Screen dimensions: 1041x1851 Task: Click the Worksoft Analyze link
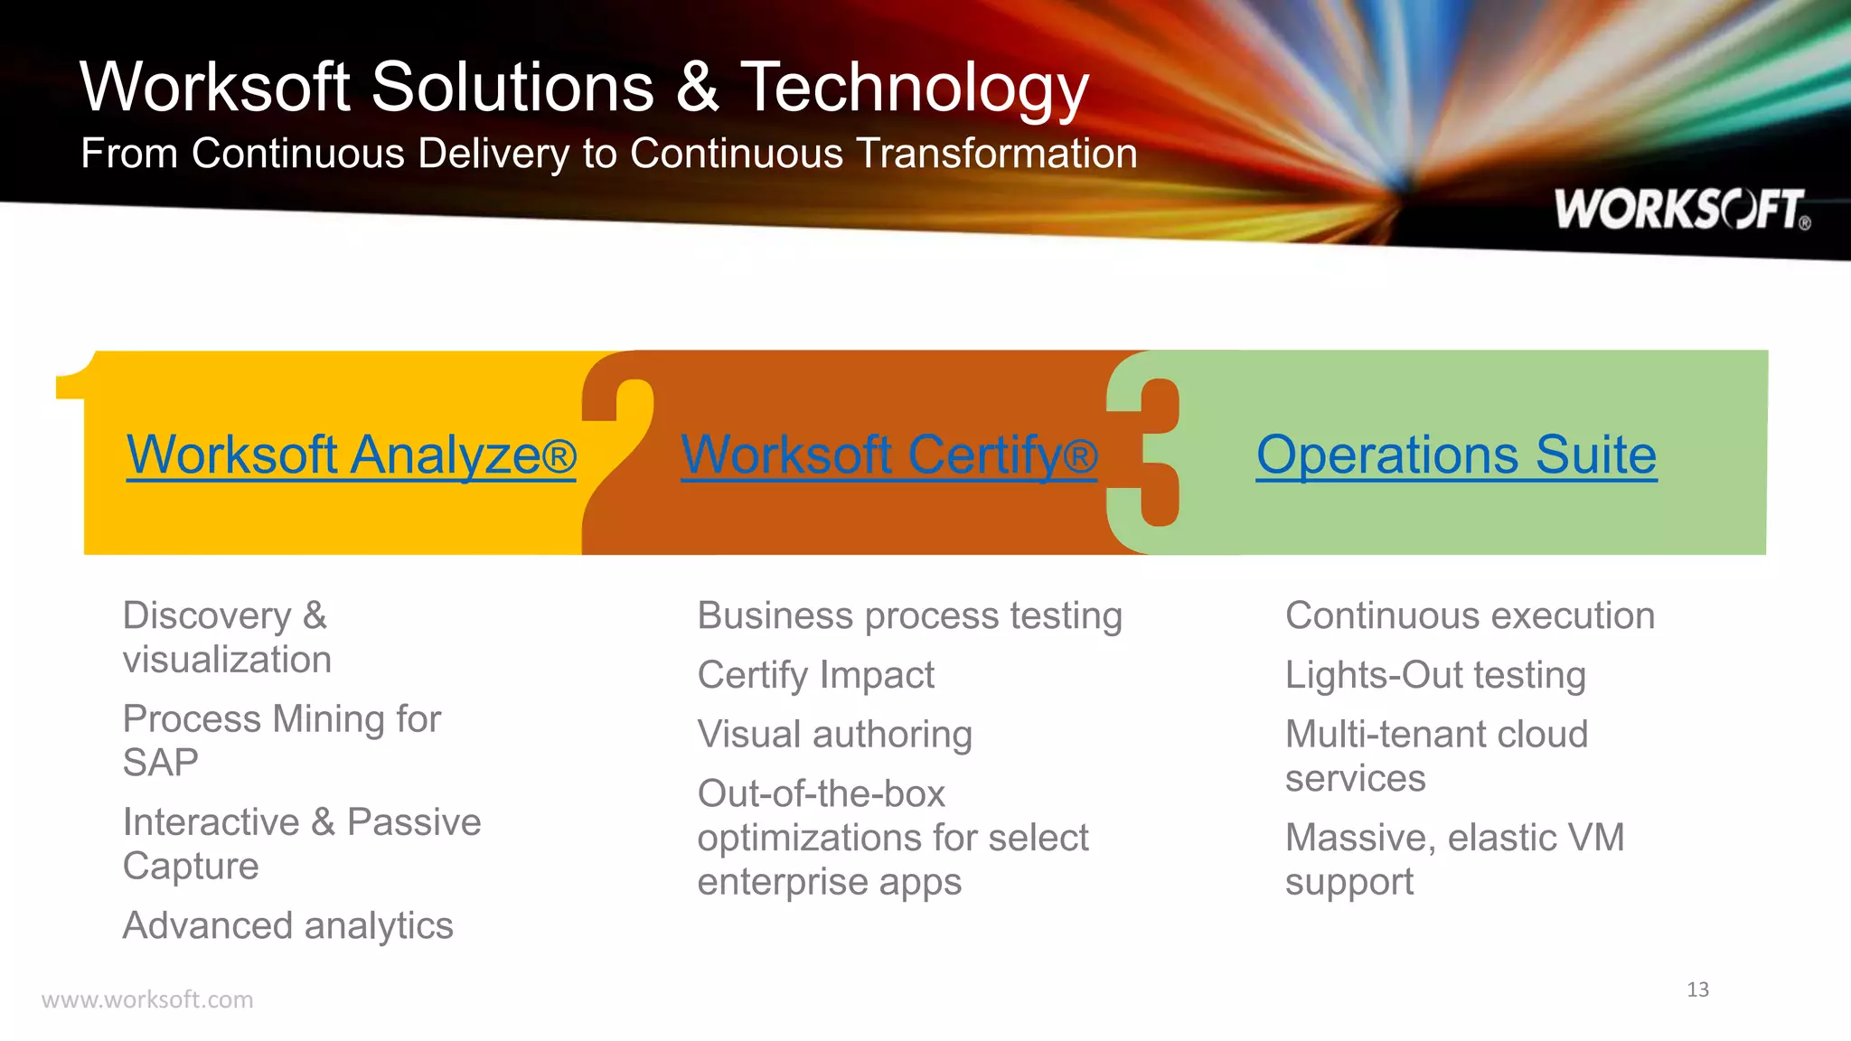[351, 455]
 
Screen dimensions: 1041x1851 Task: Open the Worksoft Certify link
[888, 455]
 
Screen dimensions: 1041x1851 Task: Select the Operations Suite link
[1456, 455]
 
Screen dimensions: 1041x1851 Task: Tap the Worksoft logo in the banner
[1681, 210]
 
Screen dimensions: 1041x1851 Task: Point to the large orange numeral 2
[616, 452]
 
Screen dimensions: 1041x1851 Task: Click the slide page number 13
[1697, 989]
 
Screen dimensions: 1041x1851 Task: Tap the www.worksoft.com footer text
[147, 999]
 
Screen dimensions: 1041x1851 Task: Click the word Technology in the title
[915, 88]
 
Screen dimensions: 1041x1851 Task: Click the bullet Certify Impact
[815, 675]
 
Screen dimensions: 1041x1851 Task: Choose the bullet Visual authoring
[834, 735]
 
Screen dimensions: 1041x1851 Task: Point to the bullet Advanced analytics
[287, 926]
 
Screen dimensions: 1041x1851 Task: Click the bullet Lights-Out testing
[1435, 675]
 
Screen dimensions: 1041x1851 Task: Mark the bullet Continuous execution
[1470, 616]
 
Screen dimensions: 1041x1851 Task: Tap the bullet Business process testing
[909, 616]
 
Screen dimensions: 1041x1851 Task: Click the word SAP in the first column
[161, 763]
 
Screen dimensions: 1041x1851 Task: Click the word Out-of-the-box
[821, 794]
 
